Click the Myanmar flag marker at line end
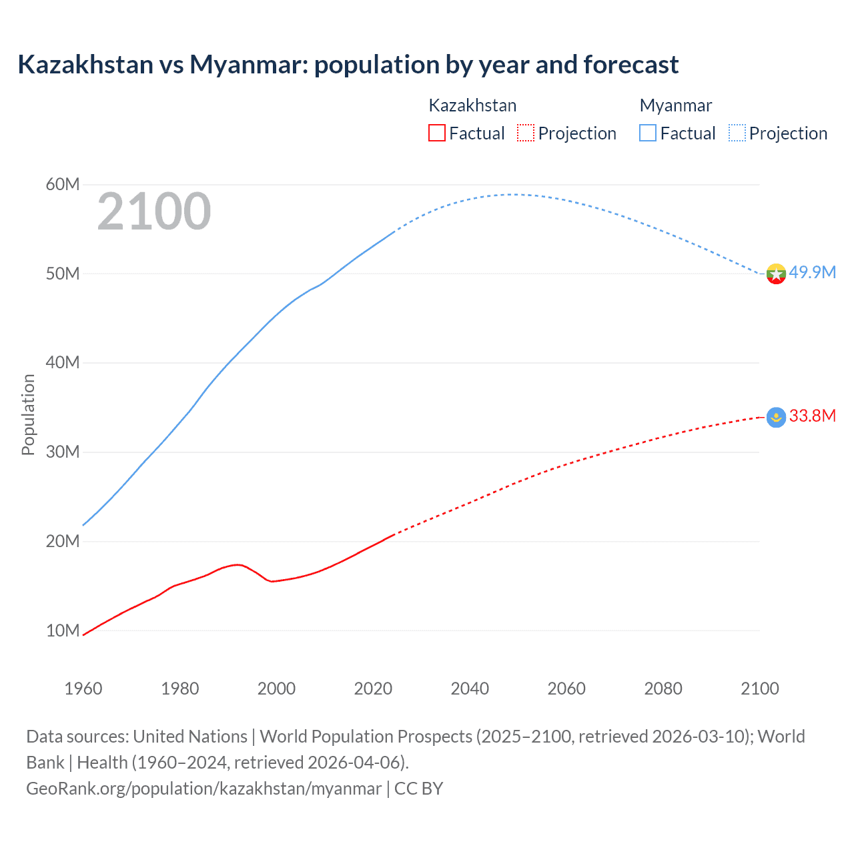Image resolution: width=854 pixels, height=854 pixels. point(776,274)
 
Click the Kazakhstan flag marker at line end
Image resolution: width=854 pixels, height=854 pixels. point(776,418)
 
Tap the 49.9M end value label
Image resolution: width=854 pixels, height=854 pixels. point(813,272)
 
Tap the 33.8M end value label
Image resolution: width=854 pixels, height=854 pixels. point(813,416)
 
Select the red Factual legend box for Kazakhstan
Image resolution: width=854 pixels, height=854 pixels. point(436,133)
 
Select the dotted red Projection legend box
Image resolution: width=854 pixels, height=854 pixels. point(526,133)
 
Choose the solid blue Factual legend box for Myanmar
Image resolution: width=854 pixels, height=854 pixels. point(647,133)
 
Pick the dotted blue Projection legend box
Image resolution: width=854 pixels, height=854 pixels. point(737,133)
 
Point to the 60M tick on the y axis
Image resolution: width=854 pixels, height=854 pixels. point(63,184)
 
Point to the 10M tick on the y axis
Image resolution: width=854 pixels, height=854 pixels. point(63,630)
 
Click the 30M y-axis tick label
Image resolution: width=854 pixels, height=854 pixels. point(63,452)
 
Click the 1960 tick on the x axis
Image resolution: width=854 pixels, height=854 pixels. point(83,689)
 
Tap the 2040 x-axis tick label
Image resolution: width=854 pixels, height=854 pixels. point(470,689)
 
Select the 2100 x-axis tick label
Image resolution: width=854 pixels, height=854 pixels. point(759,689)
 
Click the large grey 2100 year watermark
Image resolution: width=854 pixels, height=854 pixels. point(154,211)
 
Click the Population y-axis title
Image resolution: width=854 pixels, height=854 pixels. point(28,414)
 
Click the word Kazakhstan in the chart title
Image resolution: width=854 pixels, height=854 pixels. point(85,65)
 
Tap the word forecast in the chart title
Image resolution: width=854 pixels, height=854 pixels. point(630,65)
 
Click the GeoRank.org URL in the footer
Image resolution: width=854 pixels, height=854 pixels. point(203,789)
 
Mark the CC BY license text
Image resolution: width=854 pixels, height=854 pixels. point(418,789)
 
